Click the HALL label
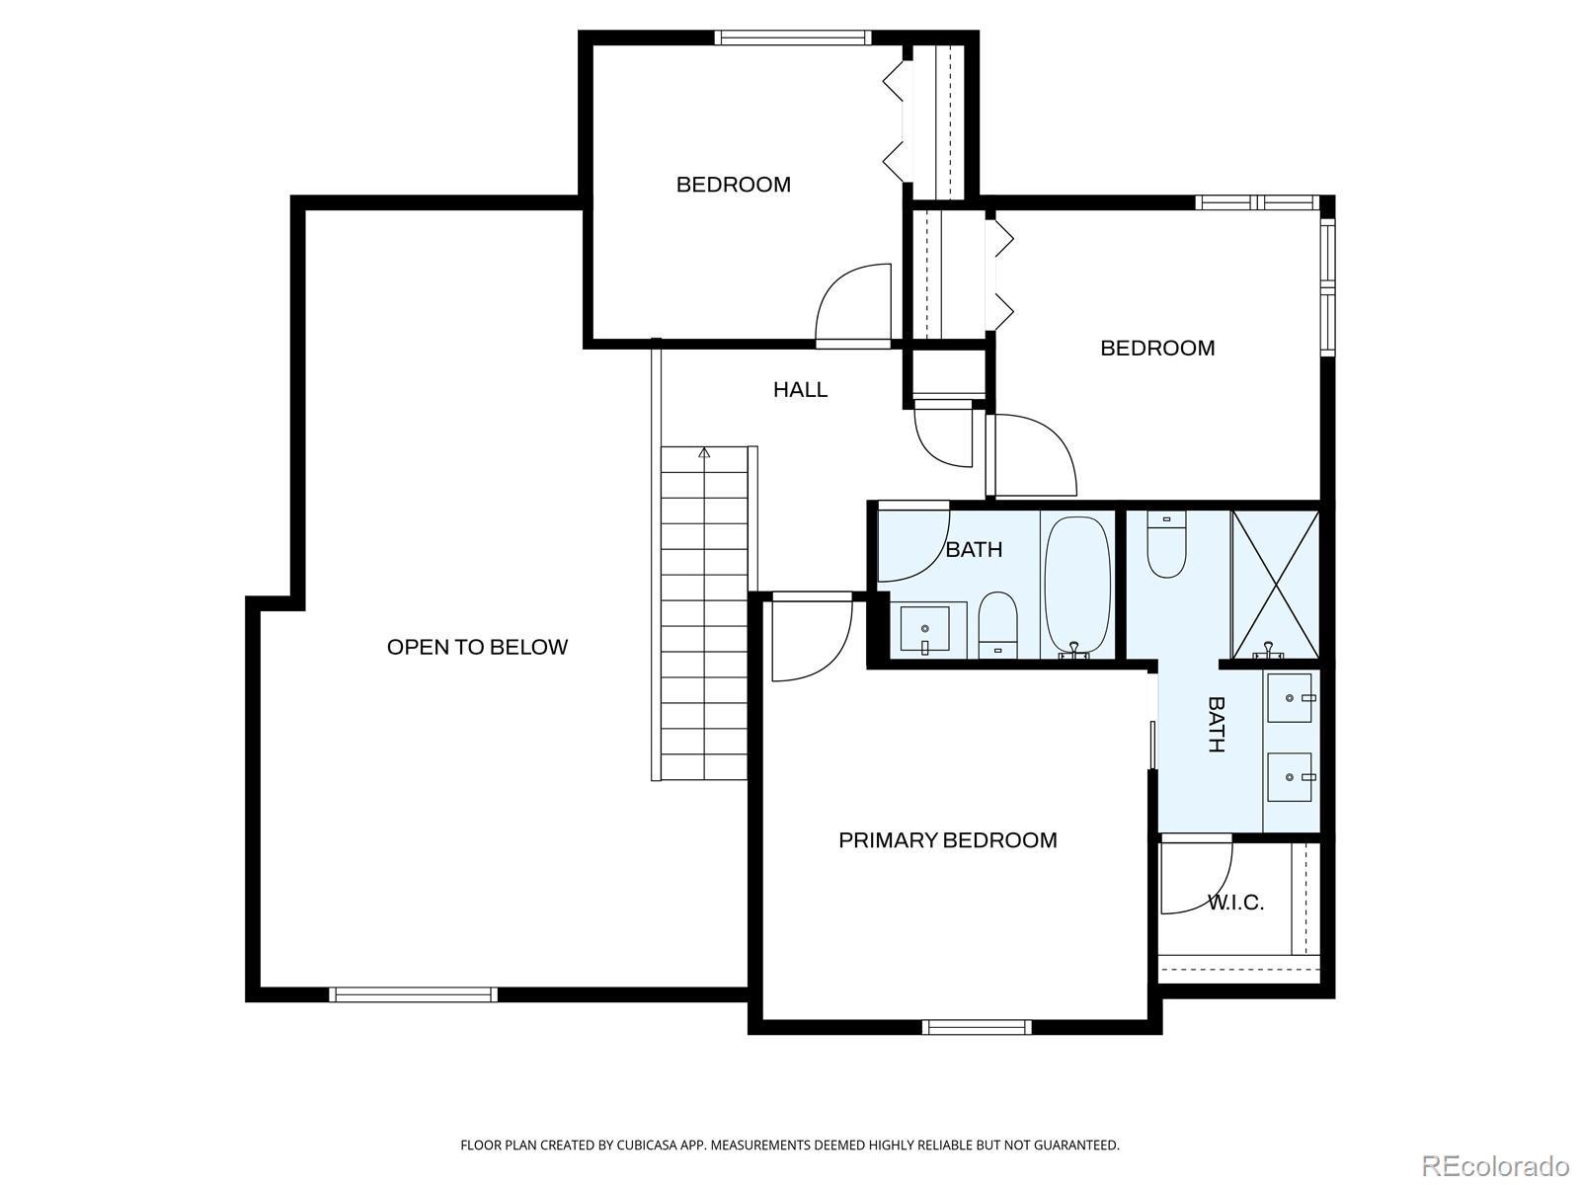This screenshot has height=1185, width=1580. tap(800, 390)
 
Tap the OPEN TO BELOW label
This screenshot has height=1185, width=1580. tap(477, 648)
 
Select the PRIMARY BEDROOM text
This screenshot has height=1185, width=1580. tap(947, 840)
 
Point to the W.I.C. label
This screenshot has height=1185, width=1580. tap(1235, 903)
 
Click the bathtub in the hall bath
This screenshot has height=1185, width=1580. tap(1076, 586)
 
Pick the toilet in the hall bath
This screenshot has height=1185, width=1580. tap(997, 624)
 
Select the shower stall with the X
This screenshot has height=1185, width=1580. tap(1275, 585)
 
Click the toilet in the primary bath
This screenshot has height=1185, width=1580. tap(1166, 544)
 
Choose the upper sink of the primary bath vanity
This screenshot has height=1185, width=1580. tap(1290, 698)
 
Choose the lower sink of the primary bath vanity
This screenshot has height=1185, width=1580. tap(1290, 777)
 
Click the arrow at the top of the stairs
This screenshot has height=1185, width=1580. tap(704, 452)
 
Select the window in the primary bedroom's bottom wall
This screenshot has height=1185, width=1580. tap(977, 1027)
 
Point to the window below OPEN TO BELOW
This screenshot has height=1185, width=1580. tap(413, 994)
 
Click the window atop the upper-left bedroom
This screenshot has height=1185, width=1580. tap(793, 38)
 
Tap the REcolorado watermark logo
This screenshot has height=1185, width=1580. tap(1496, 1165)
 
